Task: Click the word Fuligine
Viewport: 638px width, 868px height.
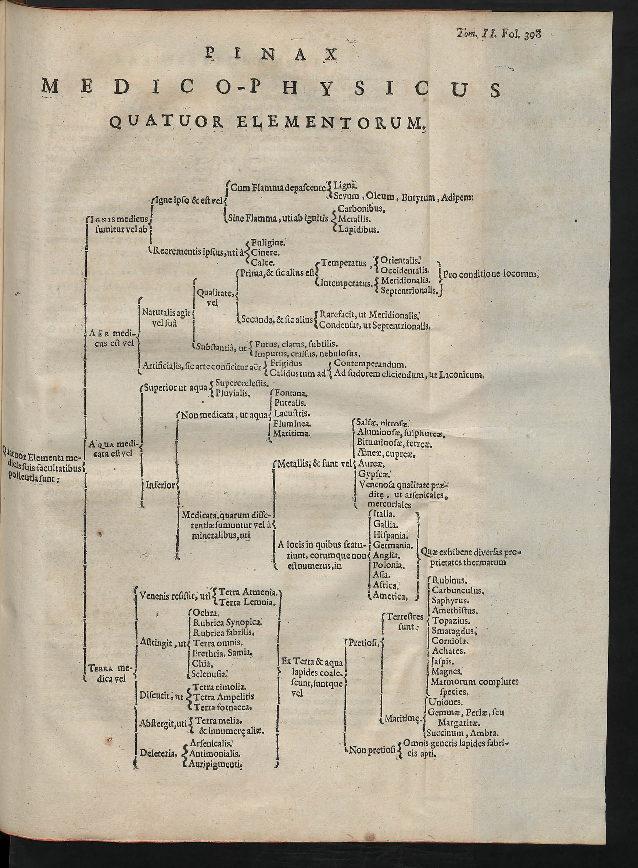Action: (268, 243)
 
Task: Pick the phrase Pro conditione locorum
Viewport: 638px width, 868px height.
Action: (491, 275)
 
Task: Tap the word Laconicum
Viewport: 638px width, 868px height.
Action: (462, 374)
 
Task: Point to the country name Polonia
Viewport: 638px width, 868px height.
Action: (389, 565)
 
